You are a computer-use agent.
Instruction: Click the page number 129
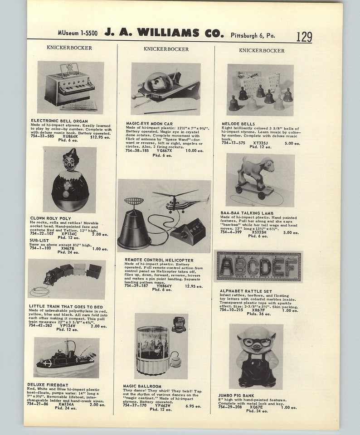coord(304,36)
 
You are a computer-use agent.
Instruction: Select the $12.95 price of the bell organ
coord(99,136)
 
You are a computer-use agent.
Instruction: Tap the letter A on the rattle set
coord(225,267)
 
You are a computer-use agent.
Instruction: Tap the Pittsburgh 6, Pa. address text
coord(256,34)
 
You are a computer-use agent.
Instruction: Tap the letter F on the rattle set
coord(291,267)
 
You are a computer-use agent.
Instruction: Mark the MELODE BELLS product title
coord(238,124)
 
